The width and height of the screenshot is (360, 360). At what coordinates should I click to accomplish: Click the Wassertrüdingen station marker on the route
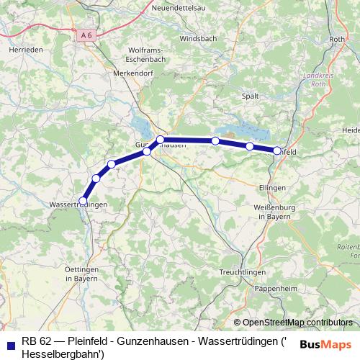[84, 201]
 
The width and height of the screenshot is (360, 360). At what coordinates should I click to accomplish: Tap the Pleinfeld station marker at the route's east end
[277, 150]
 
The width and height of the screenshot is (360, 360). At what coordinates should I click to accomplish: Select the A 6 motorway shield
[87, 35]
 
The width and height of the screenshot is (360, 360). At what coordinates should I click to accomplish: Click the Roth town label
[336, 39]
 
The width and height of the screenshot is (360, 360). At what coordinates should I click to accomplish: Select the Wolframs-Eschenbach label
[147, 55]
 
